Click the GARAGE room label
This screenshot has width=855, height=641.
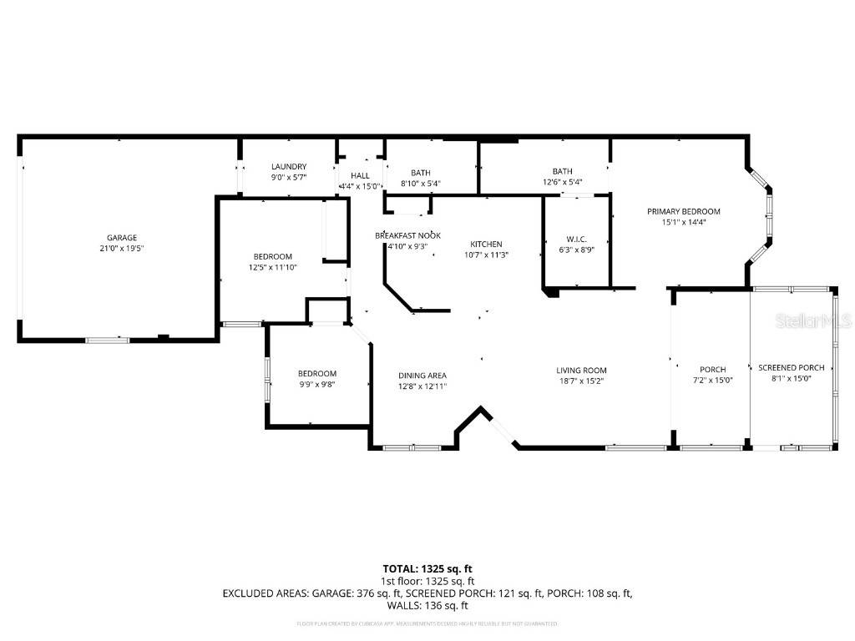click(121, 237)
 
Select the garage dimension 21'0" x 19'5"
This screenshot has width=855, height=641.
click(121, 248)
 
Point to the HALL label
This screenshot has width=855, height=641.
click(360, 175)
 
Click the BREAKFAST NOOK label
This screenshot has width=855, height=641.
click(407, 235)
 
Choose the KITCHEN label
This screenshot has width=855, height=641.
click(485, 244)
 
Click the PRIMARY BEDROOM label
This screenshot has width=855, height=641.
click(683, 211)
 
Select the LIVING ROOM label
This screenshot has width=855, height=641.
click(581, 371)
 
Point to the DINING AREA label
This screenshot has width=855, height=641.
click(422, 376)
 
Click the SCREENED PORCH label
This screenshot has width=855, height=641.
click(791, 367)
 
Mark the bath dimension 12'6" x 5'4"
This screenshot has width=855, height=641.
click(561, 182)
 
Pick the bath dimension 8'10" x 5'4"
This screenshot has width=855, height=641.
click(420, 183)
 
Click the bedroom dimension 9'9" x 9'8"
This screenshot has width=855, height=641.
click(317, 384)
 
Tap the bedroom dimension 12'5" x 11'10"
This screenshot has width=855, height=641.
click(273, 267)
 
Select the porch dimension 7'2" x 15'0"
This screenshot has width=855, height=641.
click(712, 380)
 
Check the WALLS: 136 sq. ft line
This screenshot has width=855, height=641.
click(427, 606)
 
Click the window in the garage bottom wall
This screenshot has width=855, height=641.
click(109, 340)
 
